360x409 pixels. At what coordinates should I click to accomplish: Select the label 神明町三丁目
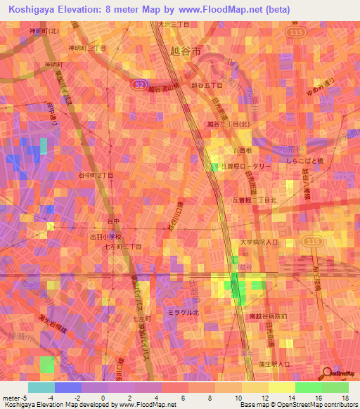tap(86, 48)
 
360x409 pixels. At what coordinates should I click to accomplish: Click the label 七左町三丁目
tap(123, 247)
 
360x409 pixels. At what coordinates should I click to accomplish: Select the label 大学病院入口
tap(258, 242)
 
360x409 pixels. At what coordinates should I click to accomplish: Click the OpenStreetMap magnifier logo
tap(328, 372)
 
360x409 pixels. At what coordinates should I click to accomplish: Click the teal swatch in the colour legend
tap(41, 387)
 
